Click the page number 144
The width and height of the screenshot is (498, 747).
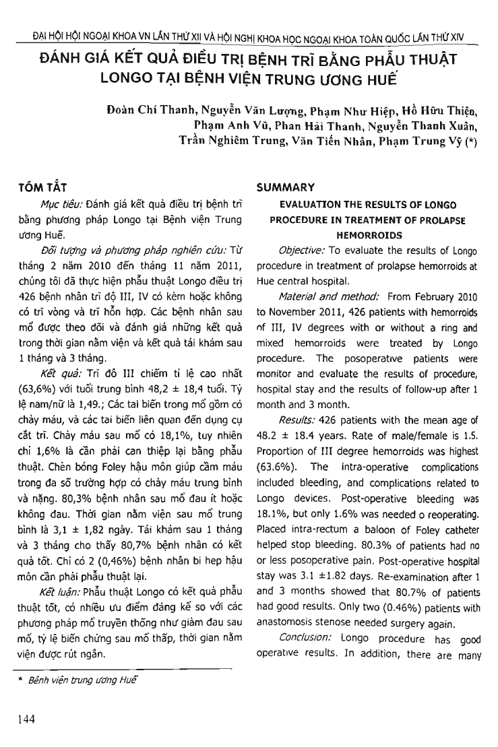(x=27, y=719)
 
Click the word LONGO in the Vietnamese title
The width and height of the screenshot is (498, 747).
(x=125, y=77)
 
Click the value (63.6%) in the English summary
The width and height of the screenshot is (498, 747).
(x=278, y=466)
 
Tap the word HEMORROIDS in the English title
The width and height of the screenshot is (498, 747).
(x=367, y=235)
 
